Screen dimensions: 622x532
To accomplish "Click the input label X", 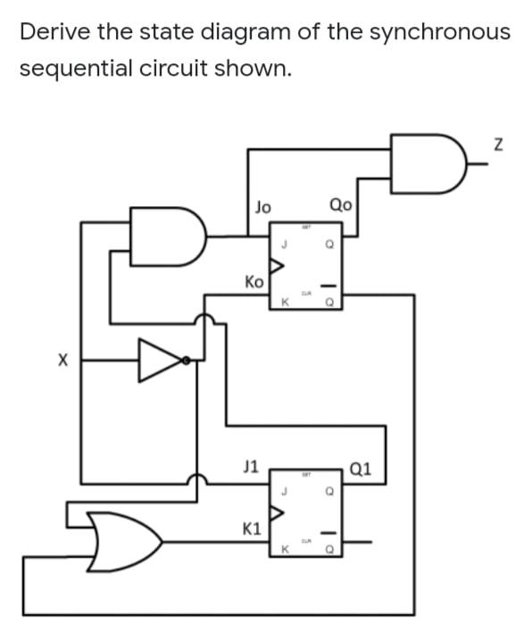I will point(62,361).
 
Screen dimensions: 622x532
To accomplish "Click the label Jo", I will point(262,206).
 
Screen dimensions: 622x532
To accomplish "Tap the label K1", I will point(252,528).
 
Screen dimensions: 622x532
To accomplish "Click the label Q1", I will point(363,466).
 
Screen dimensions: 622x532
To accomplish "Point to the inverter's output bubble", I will point(187,361).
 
